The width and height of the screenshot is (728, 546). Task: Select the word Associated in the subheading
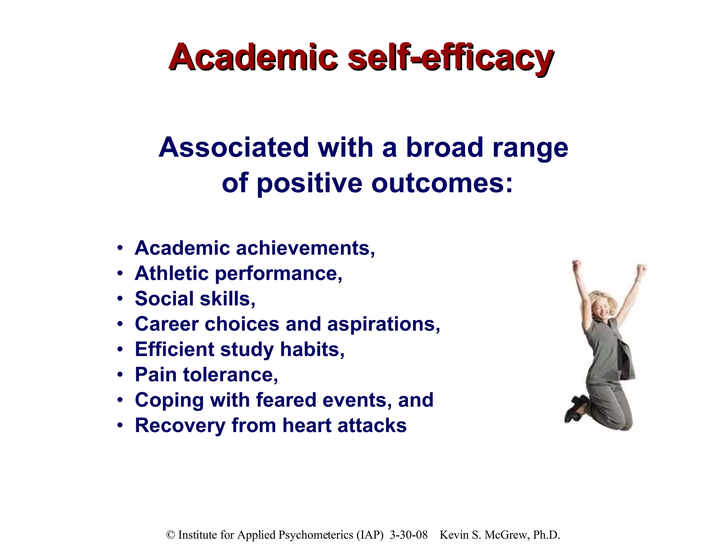[234, 148]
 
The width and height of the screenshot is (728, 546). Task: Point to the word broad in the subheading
[444, 148]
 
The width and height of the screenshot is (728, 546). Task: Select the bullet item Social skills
[195, 299]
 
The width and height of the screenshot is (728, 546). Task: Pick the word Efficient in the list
[174, 349]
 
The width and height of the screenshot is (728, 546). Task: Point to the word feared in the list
[286, 400]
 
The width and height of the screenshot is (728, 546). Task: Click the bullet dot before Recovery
[120, 425]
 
